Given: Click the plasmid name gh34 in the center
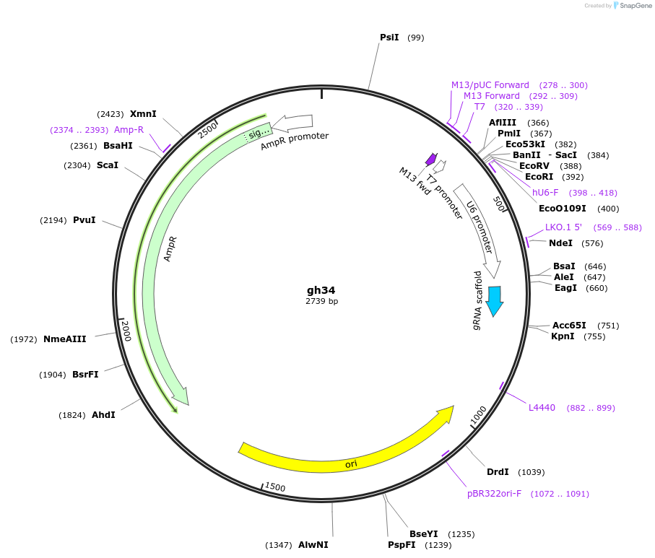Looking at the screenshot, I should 321,290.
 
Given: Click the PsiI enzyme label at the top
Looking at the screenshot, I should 389,38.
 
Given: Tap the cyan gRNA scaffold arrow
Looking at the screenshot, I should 495,300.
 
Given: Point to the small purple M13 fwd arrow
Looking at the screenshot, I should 432,159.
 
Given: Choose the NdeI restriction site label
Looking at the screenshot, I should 560,243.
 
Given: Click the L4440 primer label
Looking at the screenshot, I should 542,408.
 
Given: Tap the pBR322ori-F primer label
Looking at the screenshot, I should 494,494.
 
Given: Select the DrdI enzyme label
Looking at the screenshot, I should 498,472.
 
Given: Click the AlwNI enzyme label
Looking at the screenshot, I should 313,545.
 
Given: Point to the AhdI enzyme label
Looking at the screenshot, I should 103,415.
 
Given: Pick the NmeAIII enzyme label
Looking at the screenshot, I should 65,339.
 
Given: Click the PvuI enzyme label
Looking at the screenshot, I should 84,220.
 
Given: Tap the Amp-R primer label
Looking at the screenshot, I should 129,130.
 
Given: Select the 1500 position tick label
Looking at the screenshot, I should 275,487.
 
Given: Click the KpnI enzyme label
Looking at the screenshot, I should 563,336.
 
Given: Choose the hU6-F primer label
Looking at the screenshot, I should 545,193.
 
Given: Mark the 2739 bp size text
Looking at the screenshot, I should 321,302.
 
